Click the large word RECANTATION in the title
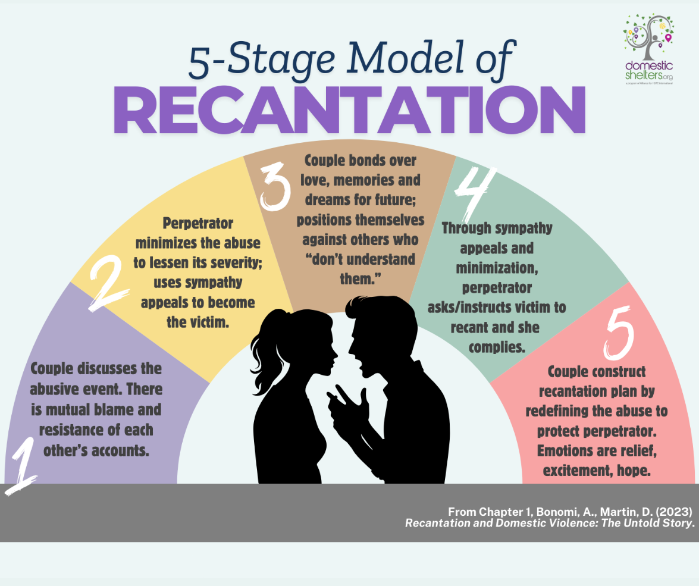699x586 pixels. (350, 110)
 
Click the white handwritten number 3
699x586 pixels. (275, 187)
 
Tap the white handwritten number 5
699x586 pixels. (619, 333)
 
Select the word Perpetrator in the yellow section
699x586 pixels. (198, 223)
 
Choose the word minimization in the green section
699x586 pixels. (497, 268)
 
